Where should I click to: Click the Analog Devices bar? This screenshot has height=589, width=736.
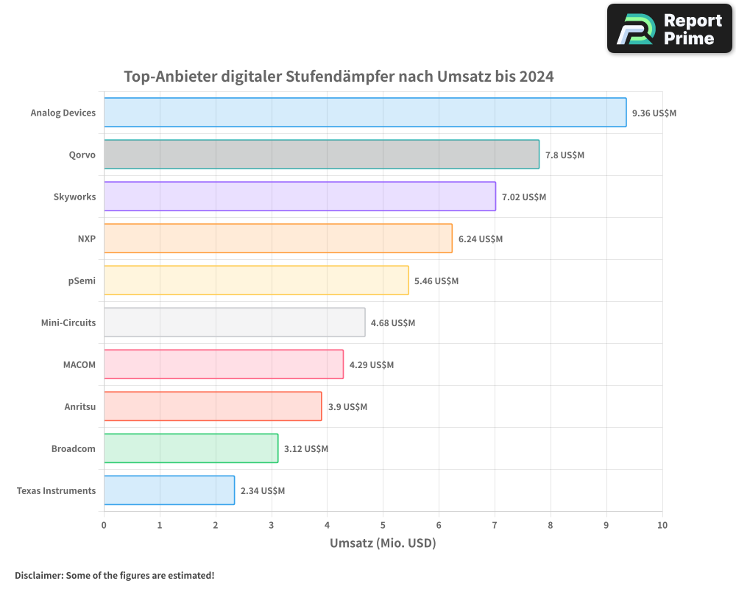click(x=365, y=113)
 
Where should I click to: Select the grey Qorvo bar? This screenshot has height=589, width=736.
click(x=322, y=155)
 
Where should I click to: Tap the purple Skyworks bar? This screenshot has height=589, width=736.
click(x=300, y=197)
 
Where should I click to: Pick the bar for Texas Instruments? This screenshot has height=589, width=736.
click(x=169, y=490)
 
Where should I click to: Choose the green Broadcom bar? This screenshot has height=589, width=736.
click(x=191, y=448)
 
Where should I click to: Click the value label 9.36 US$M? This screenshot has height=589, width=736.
click(x=654, y=113)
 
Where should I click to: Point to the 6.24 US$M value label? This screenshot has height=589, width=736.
click(x=480, y=239)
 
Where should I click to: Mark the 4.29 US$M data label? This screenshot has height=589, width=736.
click(x=371, y=365)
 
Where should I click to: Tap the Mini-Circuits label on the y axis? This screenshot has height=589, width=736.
click(x=68, y=322)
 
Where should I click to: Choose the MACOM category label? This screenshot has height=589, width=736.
click(x=79, y=364)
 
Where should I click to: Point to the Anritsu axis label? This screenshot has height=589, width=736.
click(x=79, y=406)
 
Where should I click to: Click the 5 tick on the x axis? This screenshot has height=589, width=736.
click(x=383, y=525)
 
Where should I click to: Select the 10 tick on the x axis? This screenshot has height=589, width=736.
click(x=662, y=525)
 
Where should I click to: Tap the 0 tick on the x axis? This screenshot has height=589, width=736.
click(x=104, y=525)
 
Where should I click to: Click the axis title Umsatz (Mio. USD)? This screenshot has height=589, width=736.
click(x=383, y=543)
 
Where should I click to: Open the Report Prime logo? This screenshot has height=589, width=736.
click(x=670, y=29)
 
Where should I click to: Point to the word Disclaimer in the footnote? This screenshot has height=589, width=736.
click(x=38, y=575)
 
